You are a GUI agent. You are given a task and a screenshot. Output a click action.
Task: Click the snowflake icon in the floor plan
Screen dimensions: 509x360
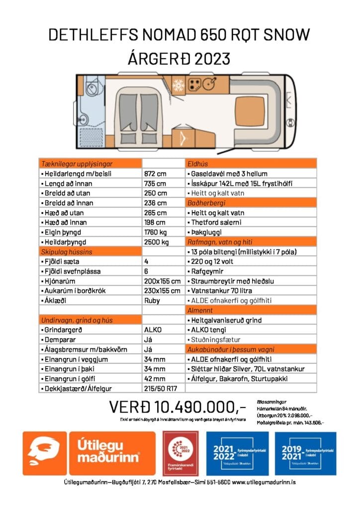coord(178,85)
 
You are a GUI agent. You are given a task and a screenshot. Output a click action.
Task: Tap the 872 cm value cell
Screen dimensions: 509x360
coord(155,174)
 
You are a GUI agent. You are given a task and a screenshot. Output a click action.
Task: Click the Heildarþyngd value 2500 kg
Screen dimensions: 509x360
coord(157,242)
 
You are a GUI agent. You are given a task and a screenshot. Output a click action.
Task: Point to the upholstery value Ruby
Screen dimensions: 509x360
coord(152,300)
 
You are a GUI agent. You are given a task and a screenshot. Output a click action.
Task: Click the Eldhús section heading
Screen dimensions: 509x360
coord(197,164)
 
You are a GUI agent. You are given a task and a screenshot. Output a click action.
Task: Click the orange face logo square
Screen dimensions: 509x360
coord(44,453)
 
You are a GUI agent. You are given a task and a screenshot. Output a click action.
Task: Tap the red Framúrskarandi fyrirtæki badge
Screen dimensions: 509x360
coord(181,453)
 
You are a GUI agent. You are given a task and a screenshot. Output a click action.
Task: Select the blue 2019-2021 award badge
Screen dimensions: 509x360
coord(305,453)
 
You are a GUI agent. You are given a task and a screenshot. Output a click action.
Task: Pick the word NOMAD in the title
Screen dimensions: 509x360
coord(169,35)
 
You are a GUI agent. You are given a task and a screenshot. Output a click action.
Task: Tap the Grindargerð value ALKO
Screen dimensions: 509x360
coord(153,330)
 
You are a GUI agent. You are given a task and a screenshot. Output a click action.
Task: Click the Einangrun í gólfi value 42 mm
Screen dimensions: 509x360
coord(154,378)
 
